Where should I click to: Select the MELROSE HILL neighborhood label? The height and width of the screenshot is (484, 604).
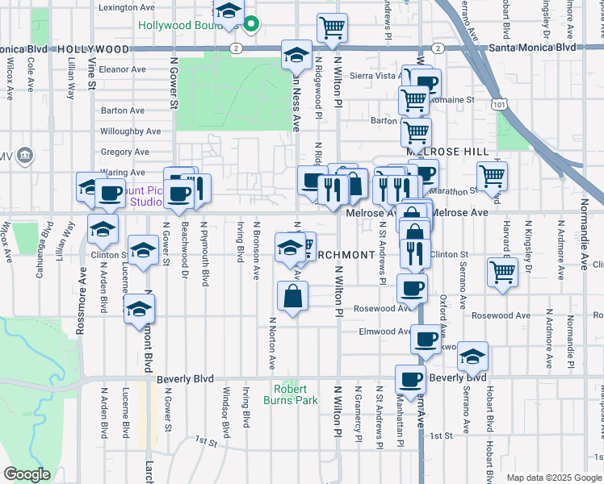point(443,152)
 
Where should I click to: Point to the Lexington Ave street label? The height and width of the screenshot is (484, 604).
point(126,6)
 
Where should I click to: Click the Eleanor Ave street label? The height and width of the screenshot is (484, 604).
point(123,69)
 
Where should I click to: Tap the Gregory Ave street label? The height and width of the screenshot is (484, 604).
point(125,152)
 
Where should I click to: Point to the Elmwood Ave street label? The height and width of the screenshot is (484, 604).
point(386,331)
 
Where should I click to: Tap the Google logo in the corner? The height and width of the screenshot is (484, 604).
point(27,474)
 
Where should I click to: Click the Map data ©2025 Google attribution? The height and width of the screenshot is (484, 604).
point(554,478)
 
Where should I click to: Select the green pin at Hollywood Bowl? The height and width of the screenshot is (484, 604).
point(251,24)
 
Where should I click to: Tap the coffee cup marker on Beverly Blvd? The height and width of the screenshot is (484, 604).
point(410,378)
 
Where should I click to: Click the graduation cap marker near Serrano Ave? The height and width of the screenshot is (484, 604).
point(473,355)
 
